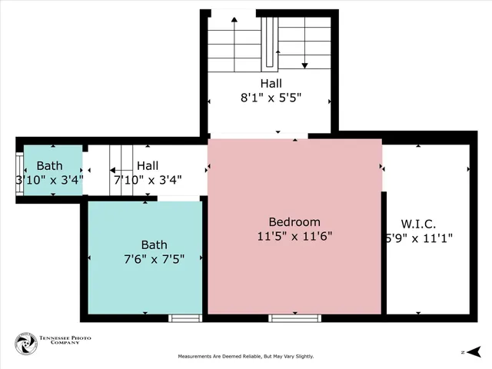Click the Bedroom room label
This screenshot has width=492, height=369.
pos(294,222)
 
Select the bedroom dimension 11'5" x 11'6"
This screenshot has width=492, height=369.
pos(294,237)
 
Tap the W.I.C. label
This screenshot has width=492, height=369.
pos(419,224)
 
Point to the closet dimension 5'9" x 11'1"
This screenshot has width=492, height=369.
pos(419,238)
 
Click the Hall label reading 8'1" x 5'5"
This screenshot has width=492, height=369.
pos(270,83)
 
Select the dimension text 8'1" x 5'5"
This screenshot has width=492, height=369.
pos(270,98)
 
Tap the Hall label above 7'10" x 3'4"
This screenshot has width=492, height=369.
pos(148,165)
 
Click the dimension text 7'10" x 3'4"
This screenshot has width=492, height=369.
pos(148,180)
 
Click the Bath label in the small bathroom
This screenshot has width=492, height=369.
pos(49,165)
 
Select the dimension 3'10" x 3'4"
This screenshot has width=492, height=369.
pos(49,180)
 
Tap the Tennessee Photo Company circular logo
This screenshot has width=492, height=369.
pos(25,344)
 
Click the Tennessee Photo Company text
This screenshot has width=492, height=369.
pos(60,344)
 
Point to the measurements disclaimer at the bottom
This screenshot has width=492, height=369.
pos(246,357)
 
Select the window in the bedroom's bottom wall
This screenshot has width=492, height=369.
pos(294,317)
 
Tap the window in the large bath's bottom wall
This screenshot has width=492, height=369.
pos(184,317)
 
